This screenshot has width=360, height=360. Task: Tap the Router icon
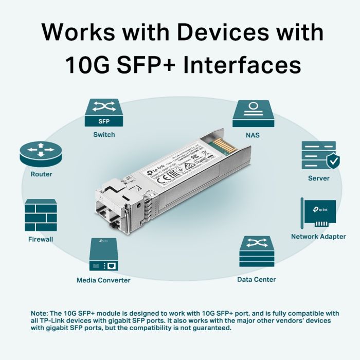[x=41, y=153]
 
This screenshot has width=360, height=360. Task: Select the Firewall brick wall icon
[x=41, y=215]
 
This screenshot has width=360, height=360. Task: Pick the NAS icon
[x=253, y=113]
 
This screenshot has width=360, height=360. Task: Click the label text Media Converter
[x=103, y=280]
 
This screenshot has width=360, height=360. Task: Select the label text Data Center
[x=256, y=279]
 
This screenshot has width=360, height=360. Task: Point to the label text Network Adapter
[x=318, y=237]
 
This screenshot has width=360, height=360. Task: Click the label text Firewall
[x=41, y=239]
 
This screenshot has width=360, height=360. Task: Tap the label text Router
[x=41, y=174]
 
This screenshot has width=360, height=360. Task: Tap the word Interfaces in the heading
[x=242, y=66]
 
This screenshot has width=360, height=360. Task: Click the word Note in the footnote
[x=39, y=313]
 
